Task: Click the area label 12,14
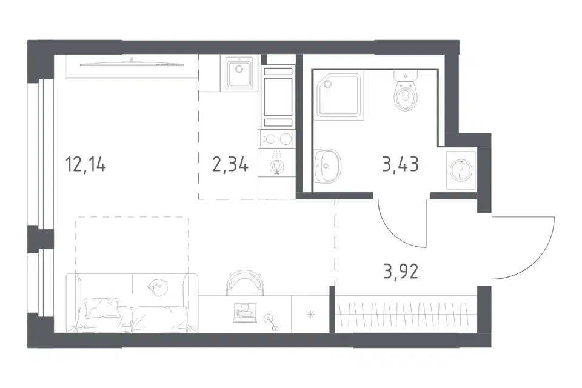85,164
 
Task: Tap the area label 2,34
230,164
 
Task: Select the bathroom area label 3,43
401,164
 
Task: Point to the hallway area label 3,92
401,271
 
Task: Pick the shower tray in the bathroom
339,96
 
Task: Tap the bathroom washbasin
327,166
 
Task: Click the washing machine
461,170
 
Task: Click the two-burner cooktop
278,139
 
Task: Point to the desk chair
246,283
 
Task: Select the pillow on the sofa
102,308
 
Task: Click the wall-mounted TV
132,64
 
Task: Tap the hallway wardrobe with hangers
406,314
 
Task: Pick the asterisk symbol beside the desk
310,315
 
